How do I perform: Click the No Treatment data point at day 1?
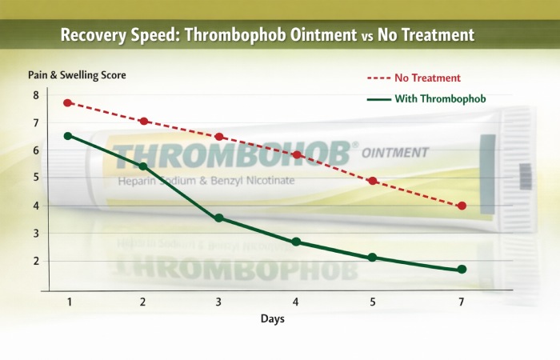pos(68,103)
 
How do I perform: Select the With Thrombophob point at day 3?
pos(219,218)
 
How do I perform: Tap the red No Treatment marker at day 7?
pos(462,206)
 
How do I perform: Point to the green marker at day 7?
pos(462,270)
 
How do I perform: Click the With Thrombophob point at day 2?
pos(143,166)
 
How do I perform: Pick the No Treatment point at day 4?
pos(296,154)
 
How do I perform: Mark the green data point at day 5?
pos(373,257)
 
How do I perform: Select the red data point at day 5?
pos(373,181)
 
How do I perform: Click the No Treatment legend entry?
pos(425,78)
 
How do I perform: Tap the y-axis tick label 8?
pos(35,95)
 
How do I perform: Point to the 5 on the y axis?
pos(35,178)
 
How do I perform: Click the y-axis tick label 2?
pos(35,261)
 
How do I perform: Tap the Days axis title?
pos(271,319)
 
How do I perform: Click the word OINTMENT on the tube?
pos(395,152)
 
